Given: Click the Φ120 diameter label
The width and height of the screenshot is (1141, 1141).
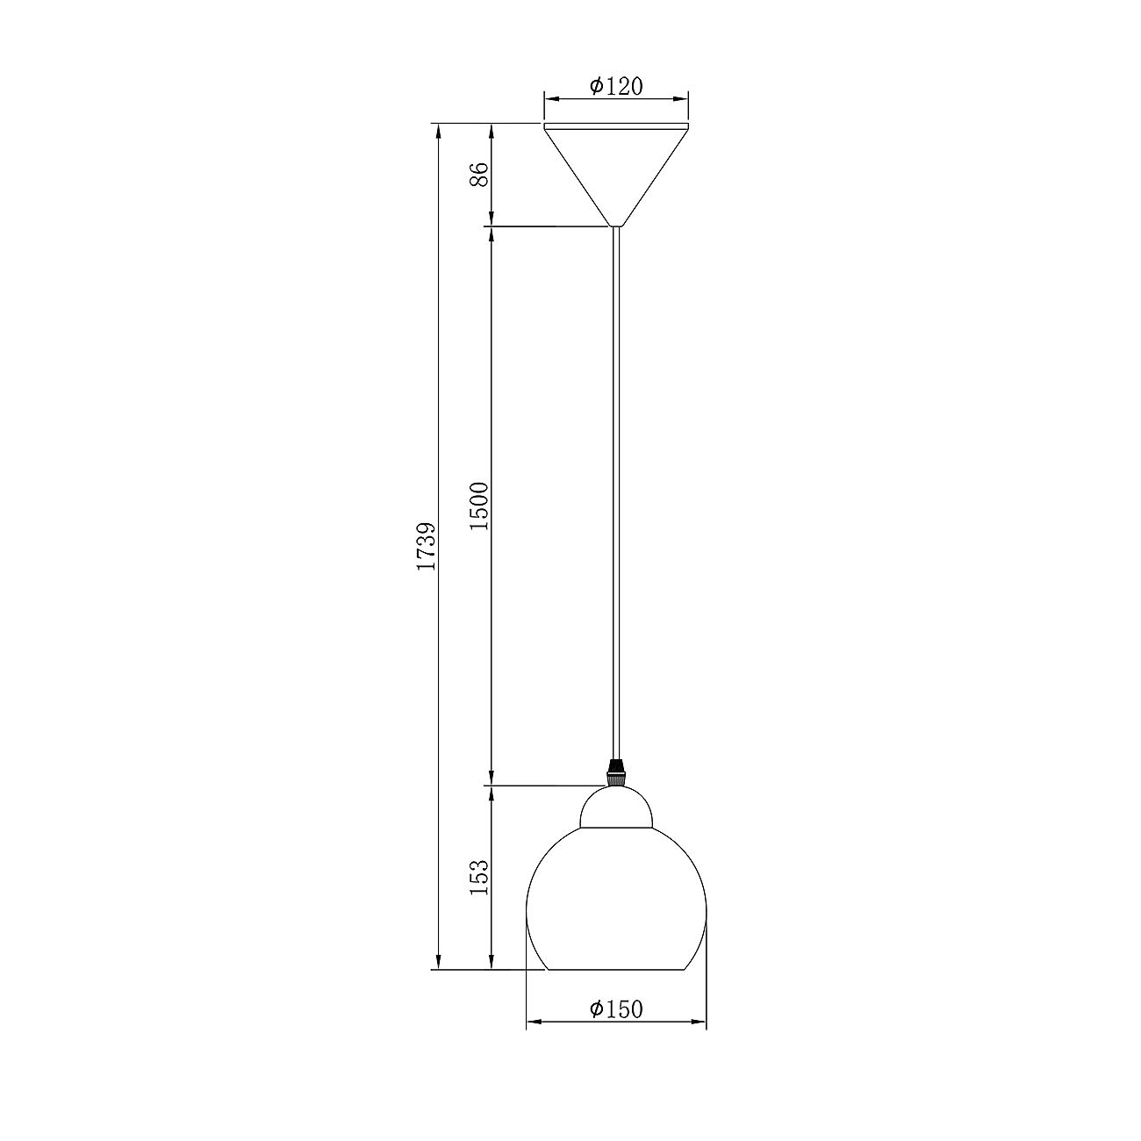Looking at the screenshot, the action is coord(616,86).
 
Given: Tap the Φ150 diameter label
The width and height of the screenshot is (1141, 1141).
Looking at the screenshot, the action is coord(616,1008).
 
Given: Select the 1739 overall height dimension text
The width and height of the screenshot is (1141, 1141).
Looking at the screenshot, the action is coord(427,546).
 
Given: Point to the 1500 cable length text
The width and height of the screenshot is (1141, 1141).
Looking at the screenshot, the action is coord(479,506).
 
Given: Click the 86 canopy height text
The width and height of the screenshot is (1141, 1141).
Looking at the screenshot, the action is coord(479,174).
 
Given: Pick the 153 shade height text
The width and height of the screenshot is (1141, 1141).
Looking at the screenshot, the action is coord(479,878).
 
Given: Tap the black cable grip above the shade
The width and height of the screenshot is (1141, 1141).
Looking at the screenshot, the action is coord(616,772).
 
